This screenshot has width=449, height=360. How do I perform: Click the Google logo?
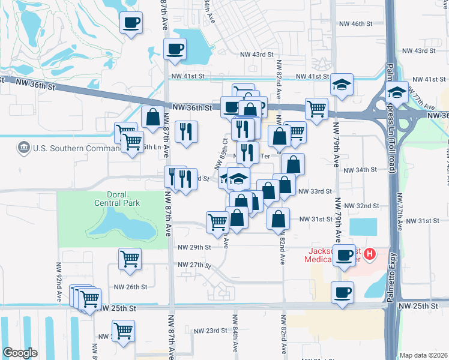(20, 353)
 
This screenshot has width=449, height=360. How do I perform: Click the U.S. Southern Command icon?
(25, 147)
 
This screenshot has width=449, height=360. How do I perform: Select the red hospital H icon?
(370, 254)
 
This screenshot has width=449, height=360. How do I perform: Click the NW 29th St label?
(194, 247)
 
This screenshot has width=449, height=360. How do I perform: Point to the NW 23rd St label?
(204, 331)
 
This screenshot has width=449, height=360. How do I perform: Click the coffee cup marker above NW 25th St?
(343, 293)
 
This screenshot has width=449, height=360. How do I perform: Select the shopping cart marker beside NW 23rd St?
(123, 331)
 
